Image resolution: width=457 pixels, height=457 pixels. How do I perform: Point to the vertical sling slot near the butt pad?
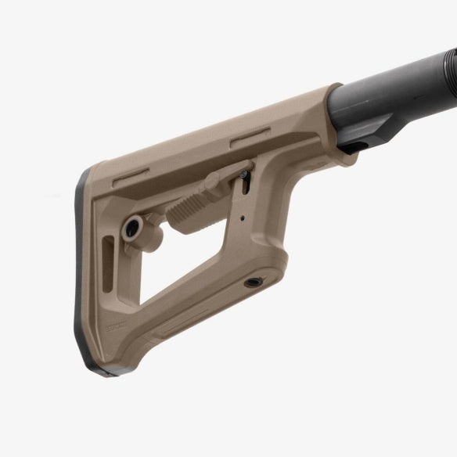point(108,266)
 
